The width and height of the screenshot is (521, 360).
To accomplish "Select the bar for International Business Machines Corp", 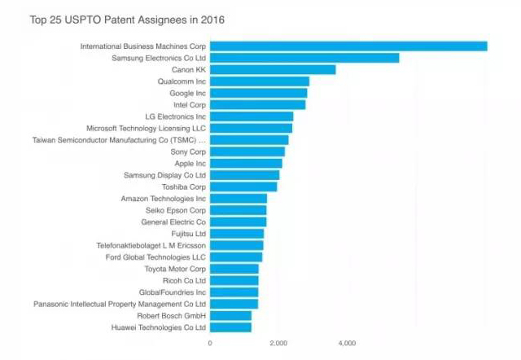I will point(348,46).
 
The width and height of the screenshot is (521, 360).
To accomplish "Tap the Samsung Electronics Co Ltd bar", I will point(304,58).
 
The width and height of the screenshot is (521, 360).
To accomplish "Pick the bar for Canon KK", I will point(273,70).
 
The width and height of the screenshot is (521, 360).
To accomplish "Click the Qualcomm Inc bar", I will point(260,81).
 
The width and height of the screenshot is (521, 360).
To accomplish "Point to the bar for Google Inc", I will point(259,93).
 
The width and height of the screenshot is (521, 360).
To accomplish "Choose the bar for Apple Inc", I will point(246,164).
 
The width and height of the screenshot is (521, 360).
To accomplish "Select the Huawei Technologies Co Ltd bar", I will point(230,327).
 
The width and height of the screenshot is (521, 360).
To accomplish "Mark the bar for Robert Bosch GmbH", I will point(230,315).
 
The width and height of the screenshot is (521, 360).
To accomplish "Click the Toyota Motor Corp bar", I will point(234,269).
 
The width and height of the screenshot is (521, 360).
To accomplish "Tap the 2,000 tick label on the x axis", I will point(279,343).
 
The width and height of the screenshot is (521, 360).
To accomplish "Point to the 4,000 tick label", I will point(348,343).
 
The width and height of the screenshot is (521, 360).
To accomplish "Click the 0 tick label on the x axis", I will point(210,343).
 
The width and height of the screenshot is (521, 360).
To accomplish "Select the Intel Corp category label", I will point(190,105).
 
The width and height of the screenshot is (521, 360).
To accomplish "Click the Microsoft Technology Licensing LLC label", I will point(147,129).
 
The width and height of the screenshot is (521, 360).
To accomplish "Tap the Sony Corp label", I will point(188,151).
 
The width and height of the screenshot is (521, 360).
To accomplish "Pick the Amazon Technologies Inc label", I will point(164,199).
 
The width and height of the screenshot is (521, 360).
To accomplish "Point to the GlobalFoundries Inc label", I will point(173,292).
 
